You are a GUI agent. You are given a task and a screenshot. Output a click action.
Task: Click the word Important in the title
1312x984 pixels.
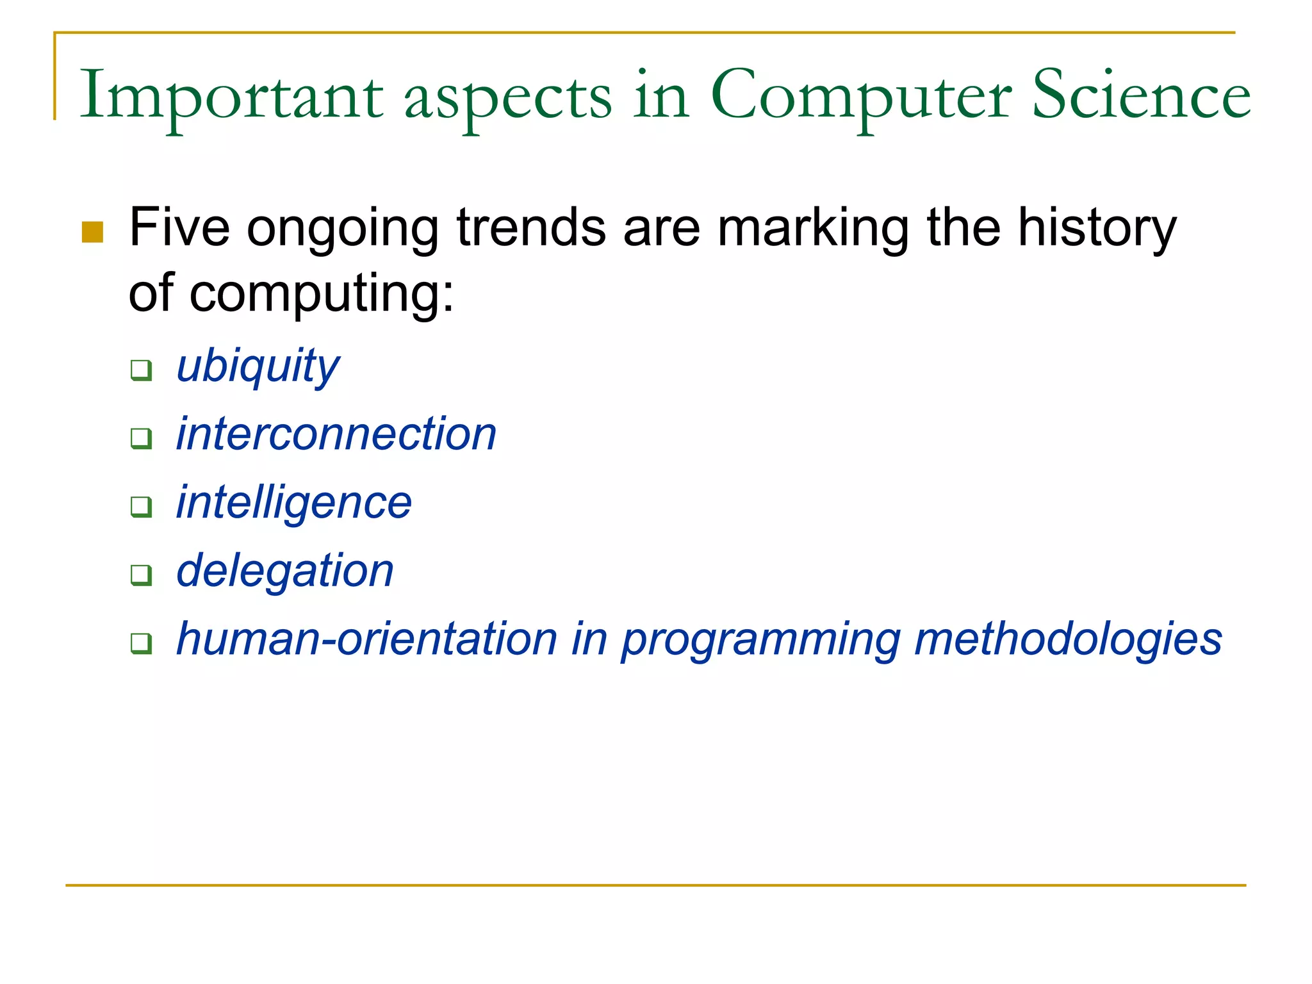point(231,96)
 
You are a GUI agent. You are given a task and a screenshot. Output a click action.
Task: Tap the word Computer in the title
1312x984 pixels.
point(861,96)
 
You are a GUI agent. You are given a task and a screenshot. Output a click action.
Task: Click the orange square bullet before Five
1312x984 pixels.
point(93,232)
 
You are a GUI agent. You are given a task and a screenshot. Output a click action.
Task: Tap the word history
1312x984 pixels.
point(1097,229)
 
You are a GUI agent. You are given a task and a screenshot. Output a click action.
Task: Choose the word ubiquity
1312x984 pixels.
point(258,367)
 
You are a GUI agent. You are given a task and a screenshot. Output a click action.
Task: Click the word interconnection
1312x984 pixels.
point(336,434)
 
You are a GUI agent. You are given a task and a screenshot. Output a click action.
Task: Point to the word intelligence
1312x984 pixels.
point(294,503)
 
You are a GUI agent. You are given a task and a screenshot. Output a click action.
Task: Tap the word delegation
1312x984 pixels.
point(285,571)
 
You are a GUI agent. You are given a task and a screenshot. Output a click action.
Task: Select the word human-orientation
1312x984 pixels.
point(367,639)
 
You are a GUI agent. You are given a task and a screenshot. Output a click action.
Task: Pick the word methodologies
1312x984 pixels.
point(1068,639)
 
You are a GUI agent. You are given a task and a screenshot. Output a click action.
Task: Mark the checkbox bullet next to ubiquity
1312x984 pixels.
point(141,370)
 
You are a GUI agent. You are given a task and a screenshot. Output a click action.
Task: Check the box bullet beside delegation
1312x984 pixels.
point(141,575)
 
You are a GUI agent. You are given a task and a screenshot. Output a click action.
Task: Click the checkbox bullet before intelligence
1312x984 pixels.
point(141,506)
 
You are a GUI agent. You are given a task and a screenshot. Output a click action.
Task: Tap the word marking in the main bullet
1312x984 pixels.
point(813,229)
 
